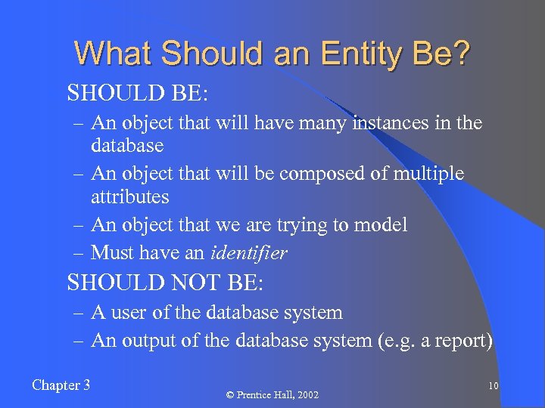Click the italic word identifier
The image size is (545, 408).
click(248, 253)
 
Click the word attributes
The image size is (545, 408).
click(129, 196)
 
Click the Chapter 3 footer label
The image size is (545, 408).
click(61, 385)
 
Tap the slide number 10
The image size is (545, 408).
click(493, 386)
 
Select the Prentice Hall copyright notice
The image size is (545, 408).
click(272, 395)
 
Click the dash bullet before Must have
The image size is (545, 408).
click(79, 253)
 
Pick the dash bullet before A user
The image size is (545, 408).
click(79, 312)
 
